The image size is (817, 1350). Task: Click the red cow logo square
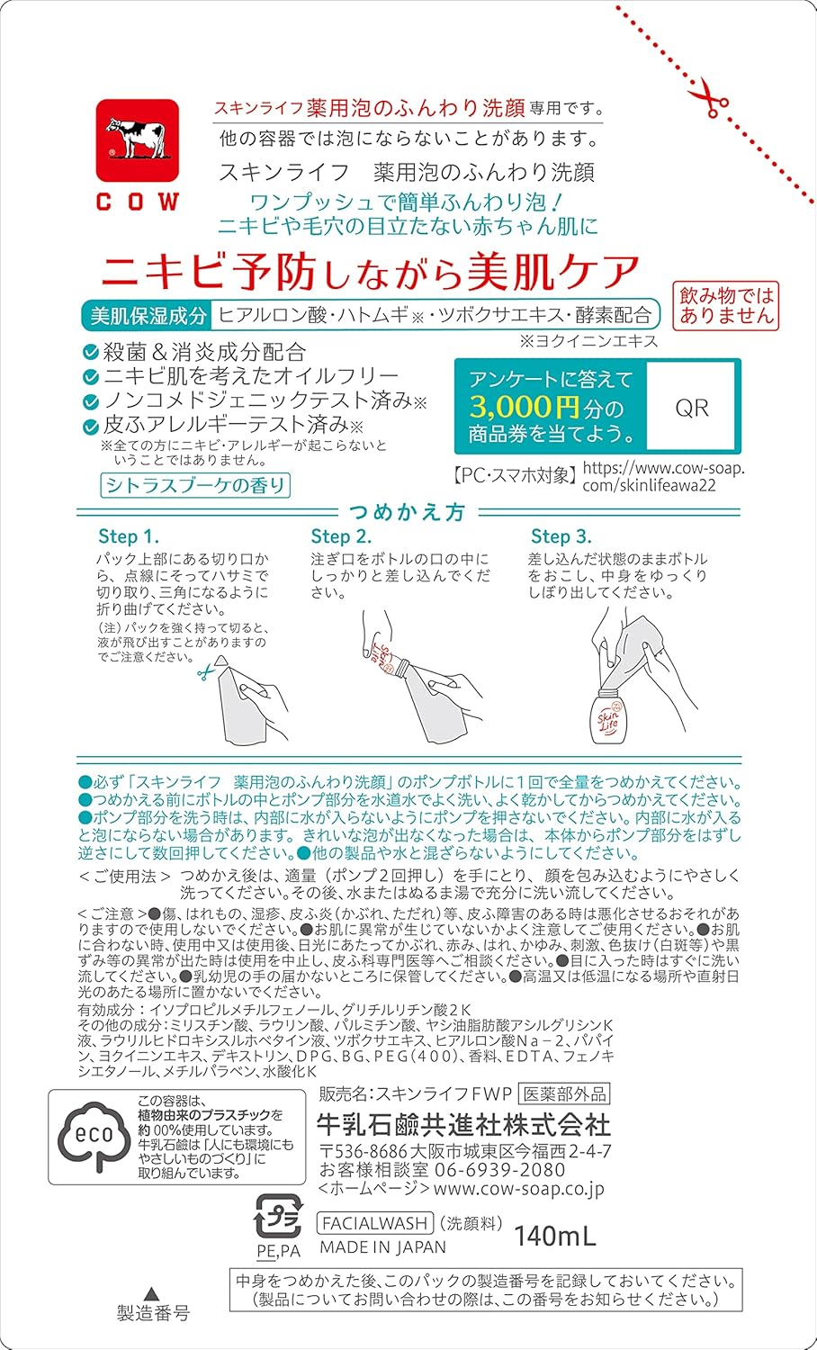click(138, 139)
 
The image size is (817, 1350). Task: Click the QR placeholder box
click(692, 406)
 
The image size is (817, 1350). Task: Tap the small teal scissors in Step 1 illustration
click(206, 670)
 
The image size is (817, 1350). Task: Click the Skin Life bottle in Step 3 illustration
click(609, 716)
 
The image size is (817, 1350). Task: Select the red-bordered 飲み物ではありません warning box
click(726, 306)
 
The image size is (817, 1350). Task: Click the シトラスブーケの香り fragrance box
click(195, 485)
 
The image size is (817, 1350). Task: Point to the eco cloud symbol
click(94, 1137)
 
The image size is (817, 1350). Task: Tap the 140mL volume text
click(555, 1236)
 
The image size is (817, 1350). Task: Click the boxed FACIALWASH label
click(375, 1222)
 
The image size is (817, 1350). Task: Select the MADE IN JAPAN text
click(382, 1246)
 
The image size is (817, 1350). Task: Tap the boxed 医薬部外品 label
click(564, 1093)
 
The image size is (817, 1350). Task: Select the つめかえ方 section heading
click(408, 512)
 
